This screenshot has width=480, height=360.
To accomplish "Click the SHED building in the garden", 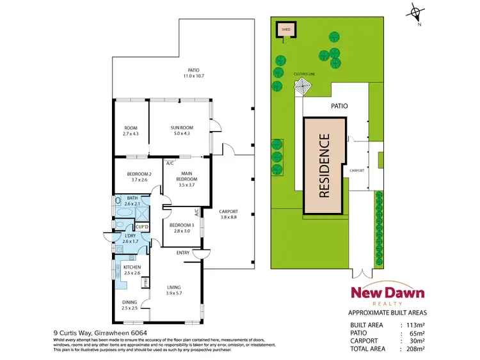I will [x=283, y=30].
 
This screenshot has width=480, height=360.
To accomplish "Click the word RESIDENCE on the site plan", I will [x=324, y=164].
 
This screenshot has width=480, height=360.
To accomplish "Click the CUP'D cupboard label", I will [x=142, y=226].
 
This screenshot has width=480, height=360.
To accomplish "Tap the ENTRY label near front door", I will [x=183, y=253].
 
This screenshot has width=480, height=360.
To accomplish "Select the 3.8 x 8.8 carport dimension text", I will [x=229, y=218].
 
